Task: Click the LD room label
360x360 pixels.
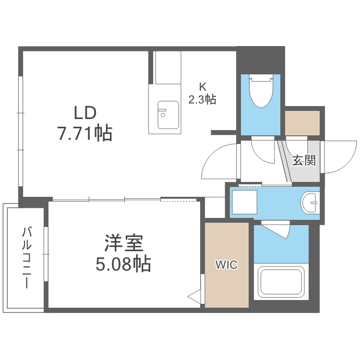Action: [x=85, y=113]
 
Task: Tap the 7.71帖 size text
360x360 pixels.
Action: [x=85, y=133]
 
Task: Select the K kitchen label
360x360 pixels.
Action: [x=203, y=87]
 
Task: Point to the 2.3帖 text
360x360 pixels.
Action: [x=202, y=99]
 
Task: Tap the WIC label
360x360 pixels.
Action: [x=226, y=264]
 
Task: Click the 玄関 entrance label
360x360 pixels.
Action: [x=304, y=160]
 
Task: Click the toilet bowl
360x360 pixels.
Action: [x=261, y=91]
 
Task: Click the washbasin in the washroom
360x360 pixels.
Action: [x=310, y=203]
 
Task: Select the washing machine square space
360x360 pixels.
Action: [x=244, y=203]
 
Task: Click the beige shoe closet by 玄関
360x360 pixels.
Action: [x=302, y=123]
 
